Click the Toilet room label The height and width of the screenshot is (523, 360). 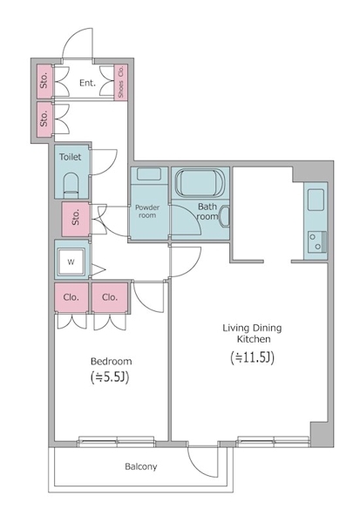pyautogui.click(x=70, y=157)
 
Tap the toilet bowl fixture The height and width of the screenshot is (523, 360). pyautogui.click(x=70, y=185)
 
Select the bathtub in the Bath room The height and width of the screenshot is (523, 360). pyautogui.click(x=200, y=182)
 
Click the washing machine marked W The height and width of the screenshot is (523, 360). pyautogui.click(x=71, y=262)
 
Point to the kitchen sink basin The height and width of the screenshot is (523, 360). pyautogui.click(x=316, y=200)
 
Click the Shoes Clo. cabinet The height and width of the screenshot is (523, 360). pyautogui.click(x=121, y=82)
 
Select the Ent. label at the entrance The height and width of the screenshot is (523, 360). pyautogui.click(x=87, y=83)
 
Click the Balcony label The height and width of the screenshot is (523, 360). pyautogui.click(x=141, y=466)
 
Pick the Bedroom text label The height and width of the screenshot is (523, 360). pyautogui.click(x=111, y=361)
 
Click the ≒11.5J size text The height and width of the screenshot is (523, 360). pyautogui.click(x=252, y=357)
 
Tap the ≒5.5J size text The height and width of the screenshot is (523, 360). pyautogui.click(x=110, y=377)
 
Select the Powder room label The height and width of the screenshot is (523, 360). pyautogui.click(x=147, y=212)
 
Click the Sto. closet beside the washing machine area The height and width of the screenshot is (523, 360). pyautogui.click(x=76, y=219)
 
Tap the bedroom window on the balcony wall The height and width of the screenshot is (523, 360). pyautogui.click(x=117, y=442)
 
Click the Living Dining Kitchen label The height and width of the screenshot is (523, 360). pyautogui.click(x=252, y=334)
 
